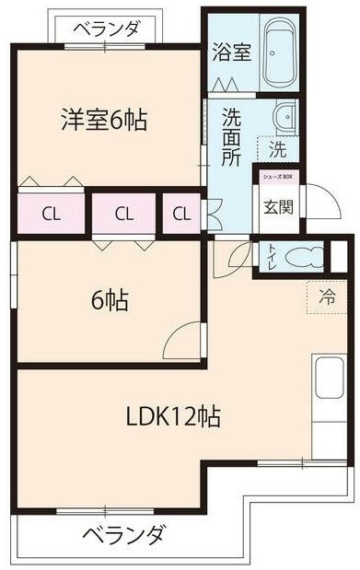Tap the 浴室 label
point(230,52)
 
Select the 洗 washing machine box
point(276,146)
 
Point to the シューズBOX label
point(277,175)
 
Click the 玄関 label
point(278,206)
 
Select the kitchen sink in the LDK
point(330,379)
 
